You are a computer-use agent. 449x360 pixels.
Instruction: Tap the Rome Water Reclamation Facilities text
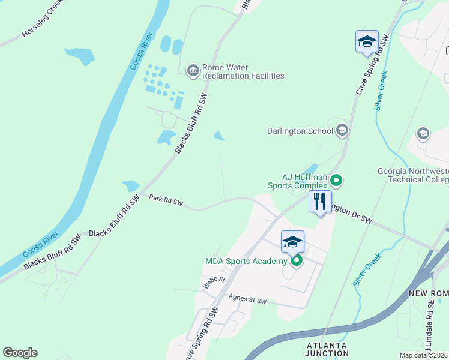click(x=243, y=72)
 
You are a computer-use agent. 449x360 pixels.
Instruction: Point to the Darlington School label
click(x=300, y=131)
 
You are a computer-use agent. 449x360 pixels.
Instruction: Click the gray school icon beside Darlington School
click(x=342, y=130)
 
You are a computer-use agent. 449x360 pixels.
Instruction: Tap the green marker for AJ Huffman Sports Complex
click(x=337, y=180)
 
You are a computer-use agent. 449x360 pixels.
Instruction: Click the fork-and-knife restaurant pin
click(x=320, y=202)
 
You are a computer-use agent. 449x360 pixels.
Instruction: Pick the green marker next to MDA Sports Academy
click(x=296, y=261)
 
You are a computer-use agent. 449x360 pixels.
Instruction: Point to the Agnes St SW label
click(x=247, y=298)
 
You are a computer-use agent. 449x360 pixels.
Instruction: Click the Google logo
click(x=20, y=353)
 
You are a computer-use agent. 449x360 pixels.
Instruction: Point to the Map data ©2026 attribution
click(x=423, y=355)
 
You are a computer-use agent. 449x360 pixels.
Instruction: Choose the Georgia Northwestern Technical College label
click(x=412, y=175)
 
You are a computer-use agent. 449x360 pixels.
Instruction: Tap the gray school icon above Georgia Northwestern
click(x=423, y=134)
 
